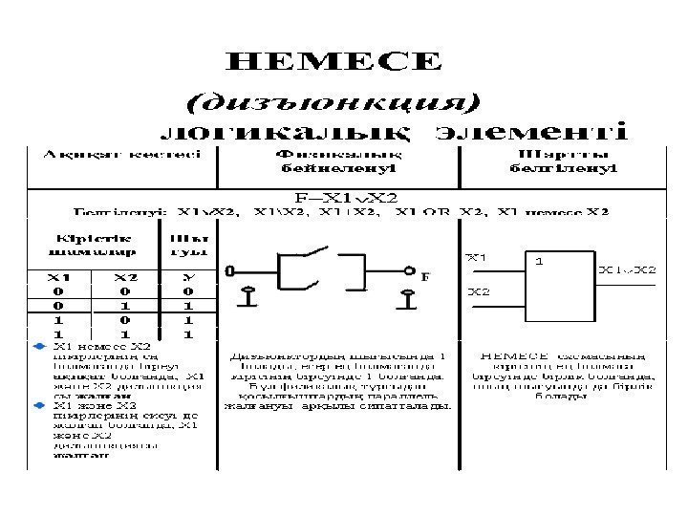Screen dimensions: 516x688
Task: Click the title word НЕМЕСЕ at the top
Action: [334, 62]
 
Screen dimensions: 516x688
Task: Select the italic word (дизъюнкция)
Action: [333, 98]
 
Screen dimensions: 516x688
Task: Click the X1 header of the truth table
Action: [59, 276]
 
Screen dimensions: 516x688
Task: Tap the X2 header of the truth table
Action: [126, 276]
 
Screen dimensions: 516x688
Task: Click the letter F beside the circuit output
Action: [425, 276]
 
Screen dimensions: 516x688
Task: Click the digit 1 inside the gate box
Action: [540, 260]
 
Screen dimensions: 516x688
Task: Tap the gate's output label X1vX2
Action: [628, 270]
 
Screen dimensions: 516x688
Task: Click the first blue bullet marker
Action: [39, 345]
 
